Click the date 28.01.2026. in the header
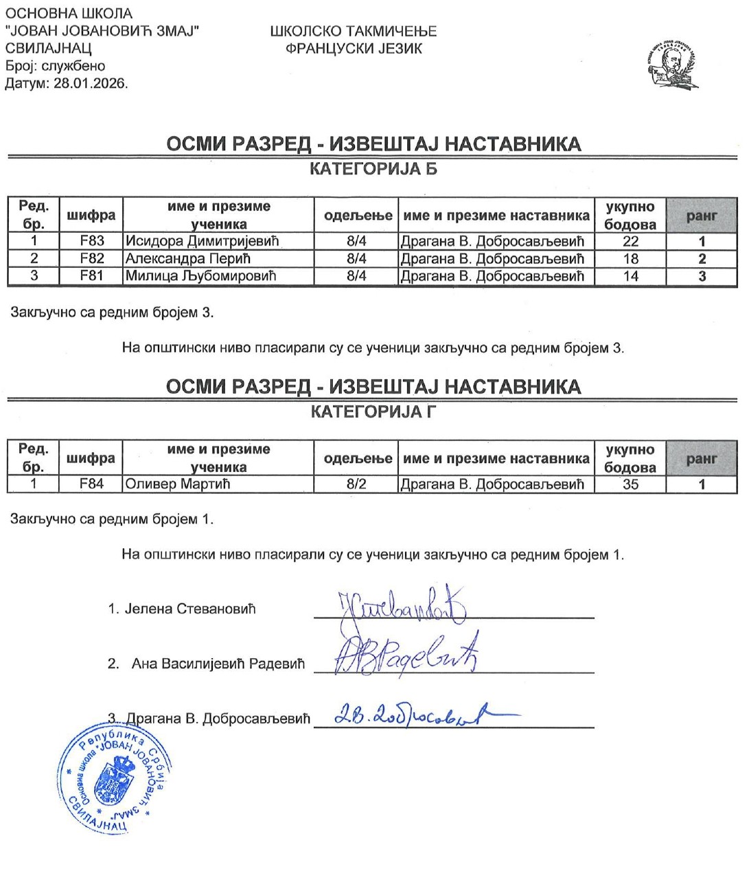tap(91, 84)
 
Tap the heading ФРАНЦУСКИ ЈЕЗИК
tap(354, 49)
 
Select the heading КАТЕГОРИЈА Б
tap(373, 169)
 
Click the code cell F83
tap(91, 241)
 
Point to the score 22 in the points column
tap(630, 241)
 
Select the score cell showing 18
tap(630, 259)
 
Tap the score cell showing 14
tap(630, 276)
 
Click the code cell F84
tap(91, 484)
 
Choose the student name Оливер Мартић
tap(177, 484)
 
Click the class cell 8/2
tap(356, 484)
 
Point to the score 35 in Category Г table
tap(630, 484)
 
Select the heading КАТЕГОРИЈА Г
tap(373, 412)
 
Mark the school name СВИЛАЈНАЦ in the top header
tap(48, 49)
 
